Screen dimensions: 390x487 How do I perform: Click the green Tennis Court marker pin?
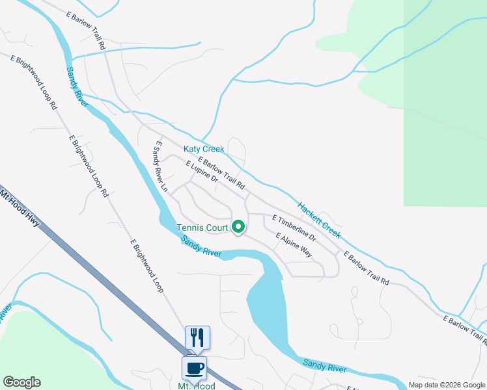pyautogui.click(x=238, y=227)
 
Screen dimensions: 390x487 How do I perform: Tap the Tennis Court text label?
pyautogui.click(x=202, y=227)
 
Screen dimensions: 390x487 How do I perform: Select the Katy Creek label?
pyautogui.click(x=204, y=149)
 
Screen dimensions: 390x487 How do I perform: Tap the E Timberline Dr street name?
pyautogui.click(x=294, y=228)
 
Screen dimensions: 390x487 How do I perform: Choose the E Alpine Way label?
pyautogui.click(x=294, y=246)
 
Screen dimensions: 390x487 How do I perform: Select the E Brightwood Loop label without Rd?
pyautogui.click(x=146, y=266)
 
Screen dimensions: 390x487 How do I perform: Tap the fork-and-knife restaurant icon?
pyautogui.click(x=197, y=337)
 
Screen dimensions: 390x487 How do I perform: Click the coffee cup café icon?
pyautogui.click(x=194, y=369)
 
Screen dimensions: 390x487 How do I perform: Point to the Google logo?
pyautogui.click(x=21, y=382)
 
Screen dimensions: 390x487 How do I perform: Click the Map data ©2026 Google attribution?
pyautogui.click(x=447, y=385)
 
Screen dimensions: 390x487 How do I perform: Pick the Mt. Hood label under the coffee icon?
pyautogui.click(x=196, y=385)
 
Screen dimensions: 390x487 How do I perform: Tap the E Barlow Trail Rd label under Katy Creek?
pyautogui.click(x=221, y=175)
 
